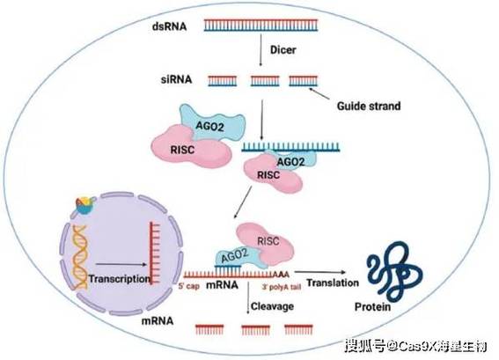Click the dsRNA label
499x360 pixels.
point(169,26)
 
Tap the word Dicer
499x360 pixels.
point(283,49)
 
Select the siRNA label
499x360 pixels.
point(176,79)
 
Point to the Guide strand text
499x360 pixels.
point(369,106)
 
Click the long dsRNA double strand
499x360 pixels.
point(261,26)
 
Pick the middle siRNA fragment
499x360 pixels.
point(265,81)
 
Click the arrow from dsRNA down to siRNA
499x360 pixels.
point(261,50)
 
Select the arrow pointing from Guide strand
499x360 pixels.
point(319,93)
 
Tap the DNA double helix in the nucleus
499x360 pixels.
point(79,257)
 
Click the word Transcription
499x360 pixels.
point(120,279)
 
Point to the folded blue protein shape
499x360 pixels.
point(394,270)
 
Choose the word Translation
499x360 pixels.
point(333,283)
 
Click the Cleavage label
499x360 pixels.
point(272,306)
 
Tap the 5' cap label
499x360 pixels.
point(188,286)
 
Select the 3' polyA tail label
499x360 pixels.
point(282,287)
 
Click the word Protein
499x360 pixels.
point(372,307)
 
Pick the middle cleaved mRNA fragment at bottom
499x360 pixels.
point(255,330)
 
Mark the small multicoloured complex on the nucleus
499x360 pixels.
point(85,205)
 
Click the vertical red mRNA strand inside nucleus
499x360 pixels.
point(155,253)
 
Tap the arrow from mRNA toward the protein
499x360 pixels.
point(320,272)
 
